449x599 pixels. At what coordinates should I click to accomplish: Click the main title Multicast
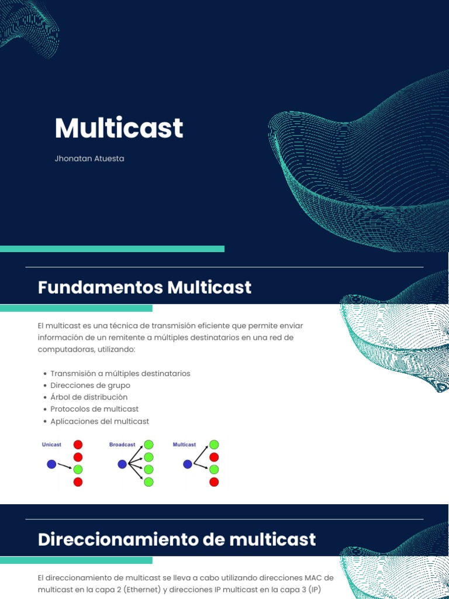119,128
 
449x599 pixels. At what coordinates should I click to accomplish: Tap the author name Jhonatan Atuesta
89,159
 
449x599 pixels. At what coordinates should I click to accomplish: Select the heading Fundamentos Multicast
144,287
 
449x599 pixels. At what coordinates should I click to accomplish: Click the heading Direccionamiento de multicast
177,539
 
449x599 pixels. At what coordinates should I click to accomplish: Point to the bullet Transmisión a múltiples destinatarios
120,373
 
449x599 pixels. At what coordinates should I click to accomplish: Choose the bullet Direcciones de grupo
90,385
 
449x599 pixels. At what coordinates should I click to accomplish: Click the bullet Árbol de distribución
89,397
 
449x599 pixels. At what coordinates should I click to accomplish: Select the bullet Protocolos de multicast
94,409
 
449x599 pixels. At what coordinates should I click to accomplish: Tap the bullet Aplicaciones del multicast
99,421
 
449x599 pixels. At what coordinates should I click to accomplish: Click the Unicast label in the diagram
51,445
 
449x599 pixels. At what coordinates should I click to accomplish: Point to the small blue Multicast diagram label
184,445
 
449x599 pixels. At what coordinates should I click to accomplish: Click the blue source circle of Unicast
51,464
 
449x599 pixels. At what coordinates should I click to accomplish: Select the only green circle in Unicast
78,469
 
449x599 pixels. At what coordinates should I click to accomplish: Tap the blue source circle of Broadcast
122,464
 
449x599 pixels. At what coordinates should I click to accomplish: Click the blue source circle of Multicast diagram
187,464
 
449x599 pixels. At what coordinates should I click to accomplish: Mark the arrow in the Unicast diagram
64,466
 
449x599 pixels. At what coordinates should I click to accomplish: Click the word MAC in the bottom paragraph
313,577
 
